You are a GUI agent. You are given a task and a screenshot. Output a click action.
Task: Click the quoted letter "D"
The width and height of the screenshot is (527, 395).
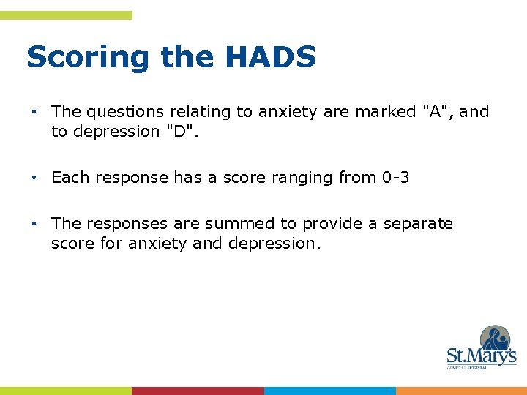pos(171,132)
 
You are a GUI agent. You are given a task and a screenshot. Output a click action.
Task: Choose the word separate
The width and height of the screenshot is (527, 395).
pos(416,224)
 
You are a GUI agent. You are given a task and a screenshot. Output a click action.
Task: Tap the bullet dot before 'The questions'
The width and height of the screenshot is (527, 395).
pos(34,113)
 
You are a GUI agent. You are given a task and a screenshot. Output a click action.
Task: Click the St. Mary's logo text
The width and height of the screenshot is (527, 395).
pos(481,356)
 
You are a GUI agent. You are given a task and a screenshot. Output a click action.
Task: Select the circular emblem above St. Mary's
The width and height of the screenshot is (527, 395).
pos(495,339)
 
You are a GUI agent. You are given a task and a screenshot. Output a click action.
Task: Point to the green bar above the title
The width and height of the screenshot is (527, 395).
pos(66,15)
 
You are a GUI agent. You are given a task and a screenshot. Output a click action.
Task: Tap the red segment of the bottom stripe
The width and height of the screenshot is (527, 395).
pos(198,391)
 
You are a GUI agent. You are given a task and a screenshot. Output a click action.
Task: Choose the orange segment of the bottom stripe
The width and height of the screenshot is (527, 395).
pos(461,391)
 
